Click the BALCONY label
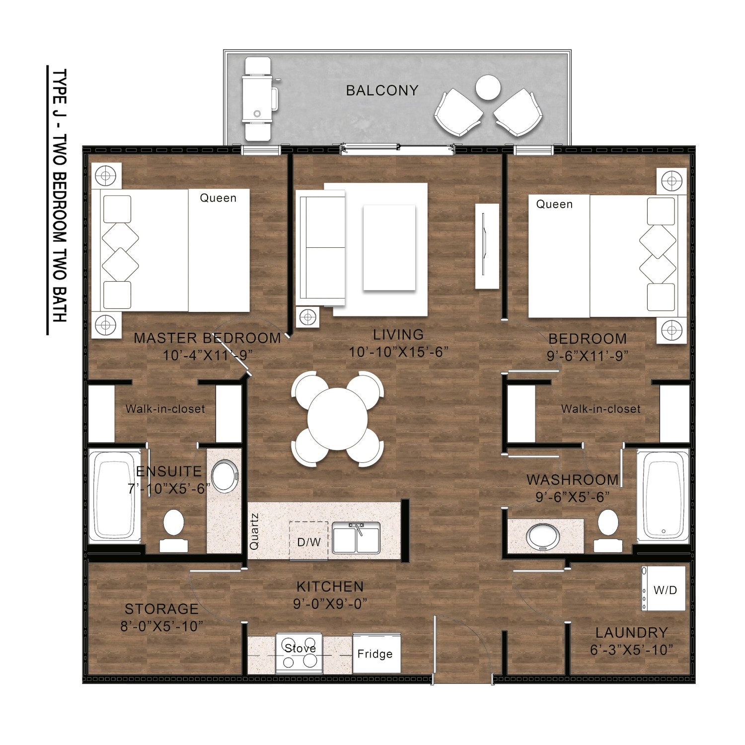coord(382,90)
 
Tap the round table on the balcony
coord(488,87)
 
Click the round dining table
coord(337,419)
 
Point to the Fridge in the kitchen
coord(376,653)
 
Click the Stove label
coord(300,648)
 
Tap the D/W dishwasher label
coord(309,542)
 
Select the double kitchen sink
coord(356,538)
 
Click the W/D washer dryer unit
coord(664,589)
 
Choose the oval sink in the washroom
coord(543,536)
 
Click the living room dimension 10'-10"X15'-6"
coord(398,352)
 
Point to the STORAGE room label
coord(161,609)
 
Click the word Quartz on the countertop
coord(254,531)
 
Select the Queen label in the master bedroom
coord(218,198)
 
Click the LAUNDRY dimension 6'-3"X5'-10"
coord(631,650)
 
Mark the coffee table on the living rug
coord(389,247)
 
